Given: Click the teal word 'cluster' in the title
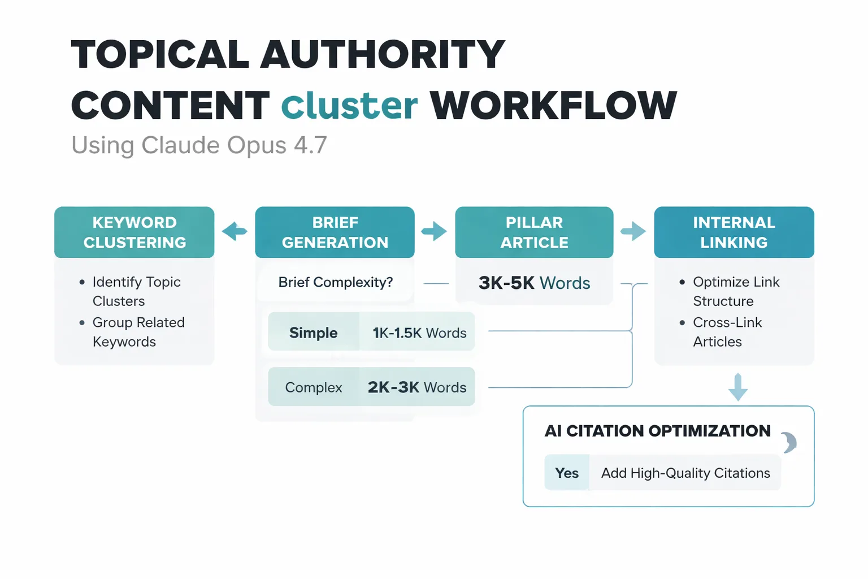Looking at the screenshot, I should point(349,106).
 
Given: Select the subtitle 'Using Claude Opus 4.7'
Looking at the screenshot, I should point(199,145).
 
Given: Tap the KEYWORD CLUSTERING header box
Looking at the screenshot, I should point(134,232).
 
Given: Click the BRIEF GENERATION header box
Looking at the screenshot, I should point(335,232).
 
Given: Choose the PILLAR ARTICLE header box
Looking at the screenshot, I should point(534,232).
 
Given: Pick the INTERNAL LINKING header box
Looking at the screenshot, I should point(734,232).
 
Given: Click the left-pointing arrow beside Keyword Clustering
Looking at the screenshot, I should point(235,231).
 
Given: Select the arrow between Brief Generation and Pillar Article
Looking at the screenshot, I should point(434,231).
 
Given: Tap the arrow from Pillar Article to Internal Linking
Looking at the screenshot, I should point(633,231).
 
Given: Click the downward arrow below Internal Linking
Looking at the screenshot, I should point(738,387).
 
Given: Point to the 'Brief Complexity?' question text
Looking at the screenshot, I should point(335,282).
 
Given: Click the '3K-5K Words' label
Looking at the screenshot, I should point(534,283).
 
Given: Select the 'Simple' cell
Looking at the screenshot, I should point(313,332).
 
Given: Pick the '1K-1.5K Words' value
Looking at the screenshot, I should point(419,333).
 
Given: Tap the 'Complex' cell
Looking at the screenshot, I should point(314,387).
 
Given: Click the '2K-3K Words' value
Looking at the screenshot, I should point(417,387).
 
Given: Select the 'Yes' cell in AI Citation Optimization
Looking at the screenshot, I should point(567,473).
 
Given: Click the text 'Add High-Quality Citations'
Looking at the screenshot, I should point(685,473).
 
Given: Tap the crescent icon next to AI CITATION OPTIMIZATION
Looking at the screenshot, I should point(789,442).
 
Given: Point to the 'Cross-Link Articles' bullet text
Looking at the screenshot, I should point(727,332).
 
